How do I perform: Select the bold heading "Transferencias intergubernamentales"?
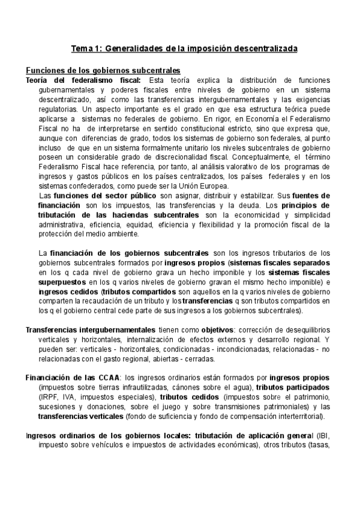coord(90,330)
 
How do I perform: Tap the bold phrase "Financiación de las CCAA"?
coord(72,378)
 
